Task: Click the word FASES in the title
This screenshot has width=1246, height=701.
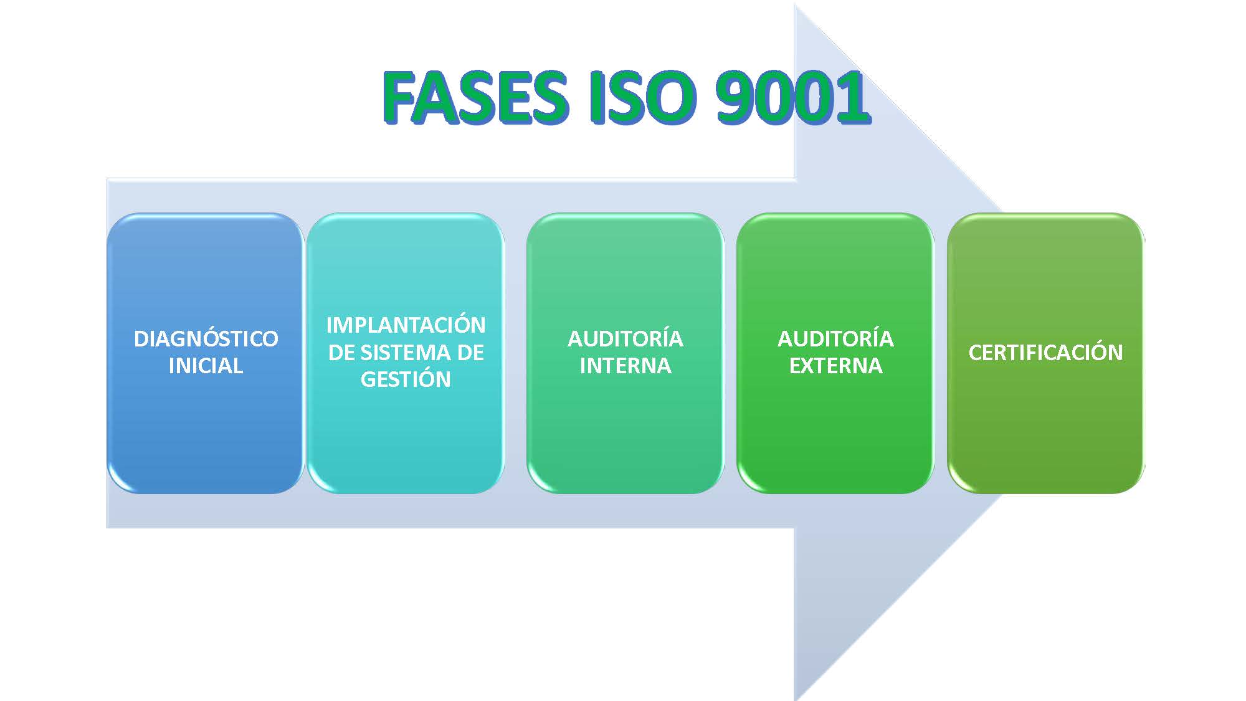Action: point(475,98)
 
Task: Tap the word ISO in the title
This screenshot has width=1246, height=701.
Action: point(641,98)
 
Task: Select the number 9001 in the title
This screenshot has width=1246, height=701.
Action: point(792,98)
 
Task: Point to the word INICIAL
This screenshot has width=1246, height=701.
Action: point(206,366)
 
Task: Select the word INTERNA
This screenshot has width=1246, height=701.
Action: point(625,366)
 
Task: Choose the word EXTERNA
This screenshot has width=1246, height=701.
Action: point(836,366)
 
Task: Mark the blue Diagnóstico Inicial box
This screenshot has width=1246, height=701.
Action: point(206,353)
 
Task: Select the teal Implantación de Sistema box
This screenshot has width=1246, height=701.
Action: point(406,353)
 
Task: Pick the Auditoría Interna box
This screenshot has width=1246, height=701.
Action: point(625,353)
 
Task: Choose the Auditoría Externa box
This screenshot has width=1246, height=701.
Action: point(835,353)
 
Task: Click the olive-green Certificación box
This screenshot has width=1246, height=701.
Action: point(1046,353)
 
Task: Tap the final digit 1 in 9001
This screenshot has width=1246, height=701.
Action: point(853,98)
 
